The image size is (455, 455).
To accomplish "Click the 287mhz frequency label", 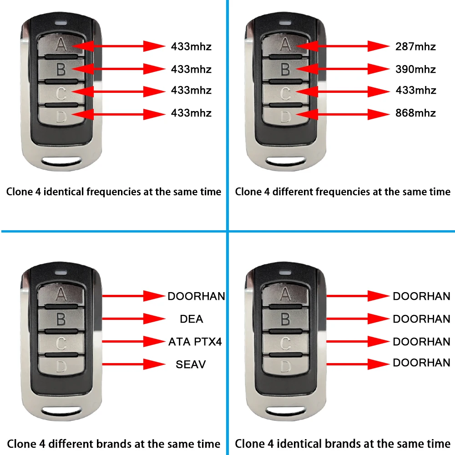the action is click(415, 46).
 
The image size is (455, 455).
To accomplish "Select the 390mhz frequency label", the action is click(415, 69).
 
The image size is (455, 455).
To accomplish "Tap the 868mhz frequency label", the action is click(415, 113).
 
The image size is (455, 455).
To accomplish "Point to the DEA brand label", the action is click(192, 319).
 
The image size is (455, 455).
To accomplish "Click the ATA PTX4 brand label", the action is click(195, 341).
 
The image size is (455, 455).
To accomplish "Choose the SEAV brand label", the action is click(191, 364).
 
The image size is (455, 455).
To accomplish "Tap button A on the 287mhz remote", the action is click(285, 45).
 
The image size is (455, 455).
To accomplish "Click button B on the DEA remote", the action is click(61, 319).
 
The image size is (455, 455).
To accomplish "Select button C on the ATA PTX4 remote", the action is click(61, 342).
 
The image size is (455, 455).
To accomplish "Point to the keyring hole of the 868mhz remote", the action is click(285, 161).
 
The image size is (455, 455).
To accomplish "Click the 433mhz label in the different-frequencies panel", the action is click(415, 91).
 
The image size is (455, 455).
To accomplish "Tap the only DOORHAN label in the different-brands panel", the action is click(196, 296).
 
